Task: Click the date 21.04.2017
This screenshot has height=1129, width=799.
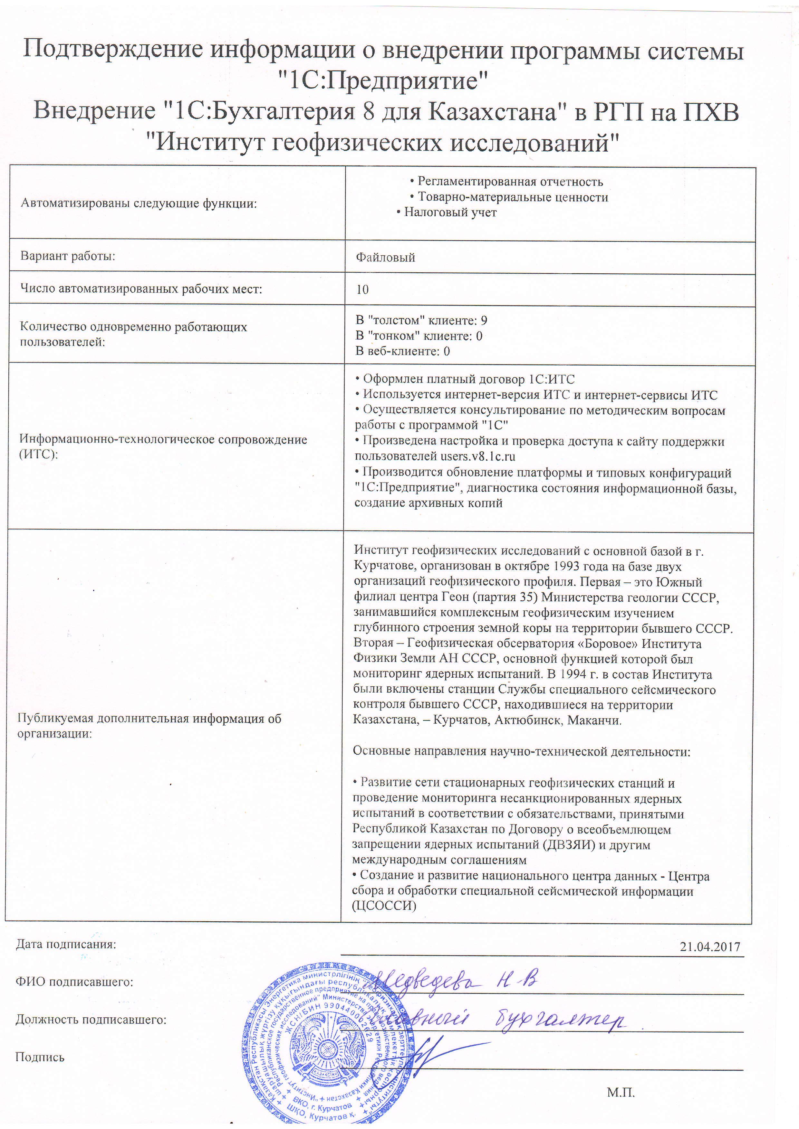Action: pos(709,947)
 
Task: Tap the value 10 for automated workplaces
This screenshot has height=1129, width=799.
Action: pos(362,290)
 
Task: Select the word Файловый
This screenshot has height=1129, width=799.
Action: pos(385,258)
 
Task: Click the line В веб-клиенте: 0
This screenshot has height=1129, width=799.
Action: pos(402,351)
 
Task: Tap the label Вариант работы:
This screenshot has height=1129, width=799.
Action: pos(67,256)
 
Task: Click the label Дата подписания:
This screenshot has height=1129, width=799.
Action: pos(66,945)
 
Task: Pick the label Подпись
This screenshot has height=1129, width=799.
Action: pos(40,1057)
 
